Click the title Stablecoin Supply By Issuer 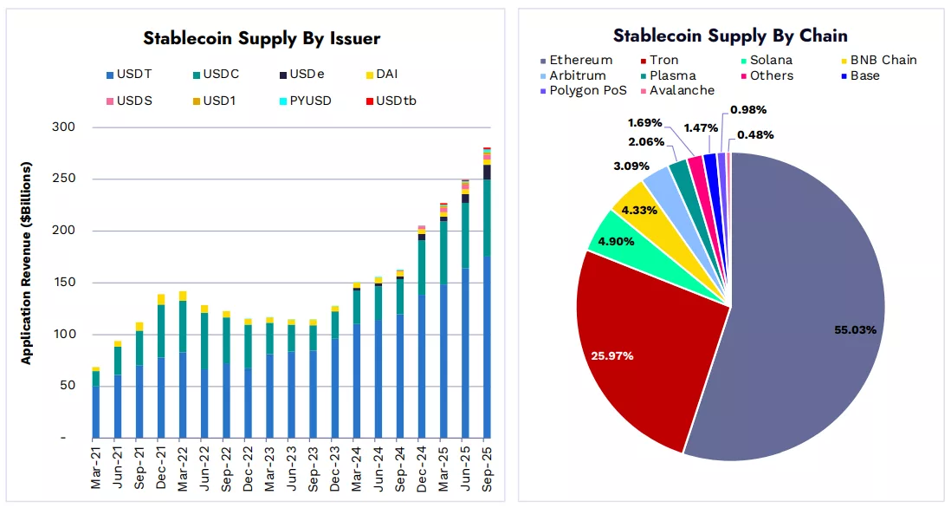click(x=261, y=39)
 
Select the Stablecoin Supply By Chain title click(x=730, y=36)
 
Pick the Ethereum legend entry click(x=580, y=61)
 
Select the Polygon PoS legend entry click(x=588, y=90)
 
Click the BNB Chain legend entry click(x=883, y=61)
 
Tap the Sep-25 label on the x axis click(x=487, y=469)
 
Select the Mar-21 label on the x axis click(x=96, y=469)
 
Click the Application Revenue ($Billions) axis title click(x=27, y=263)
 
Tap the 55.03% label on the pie click(x=855, y=330)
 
